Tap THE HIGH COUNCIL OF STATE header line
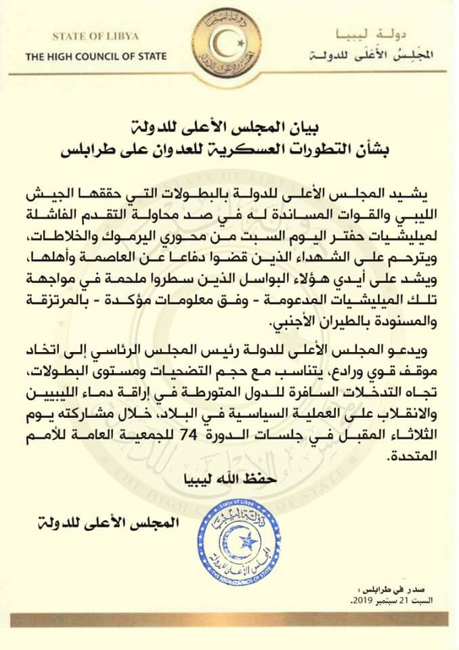95,57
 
